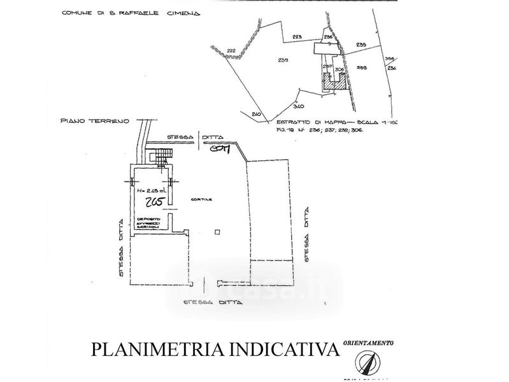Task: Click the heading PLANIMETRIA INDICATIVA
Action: (213, 350)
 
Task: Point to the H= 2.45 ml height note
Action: (150, 189)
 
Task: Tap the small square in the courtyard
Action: (218, 232)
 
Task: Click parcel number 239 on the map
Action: (283, 60)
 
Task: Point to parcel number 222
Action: (231, 50)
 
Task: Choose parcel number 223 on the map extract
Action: (297, 37)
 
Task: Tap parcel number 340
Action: (299, 106)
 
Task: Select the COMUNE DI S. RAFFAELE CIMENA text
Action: (129, 13)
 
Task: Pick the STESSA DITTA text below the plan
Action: (213, 302)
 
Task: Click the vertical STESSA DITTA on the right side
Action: (308, 234)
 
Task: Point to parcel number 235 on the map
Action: (361, 45)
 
